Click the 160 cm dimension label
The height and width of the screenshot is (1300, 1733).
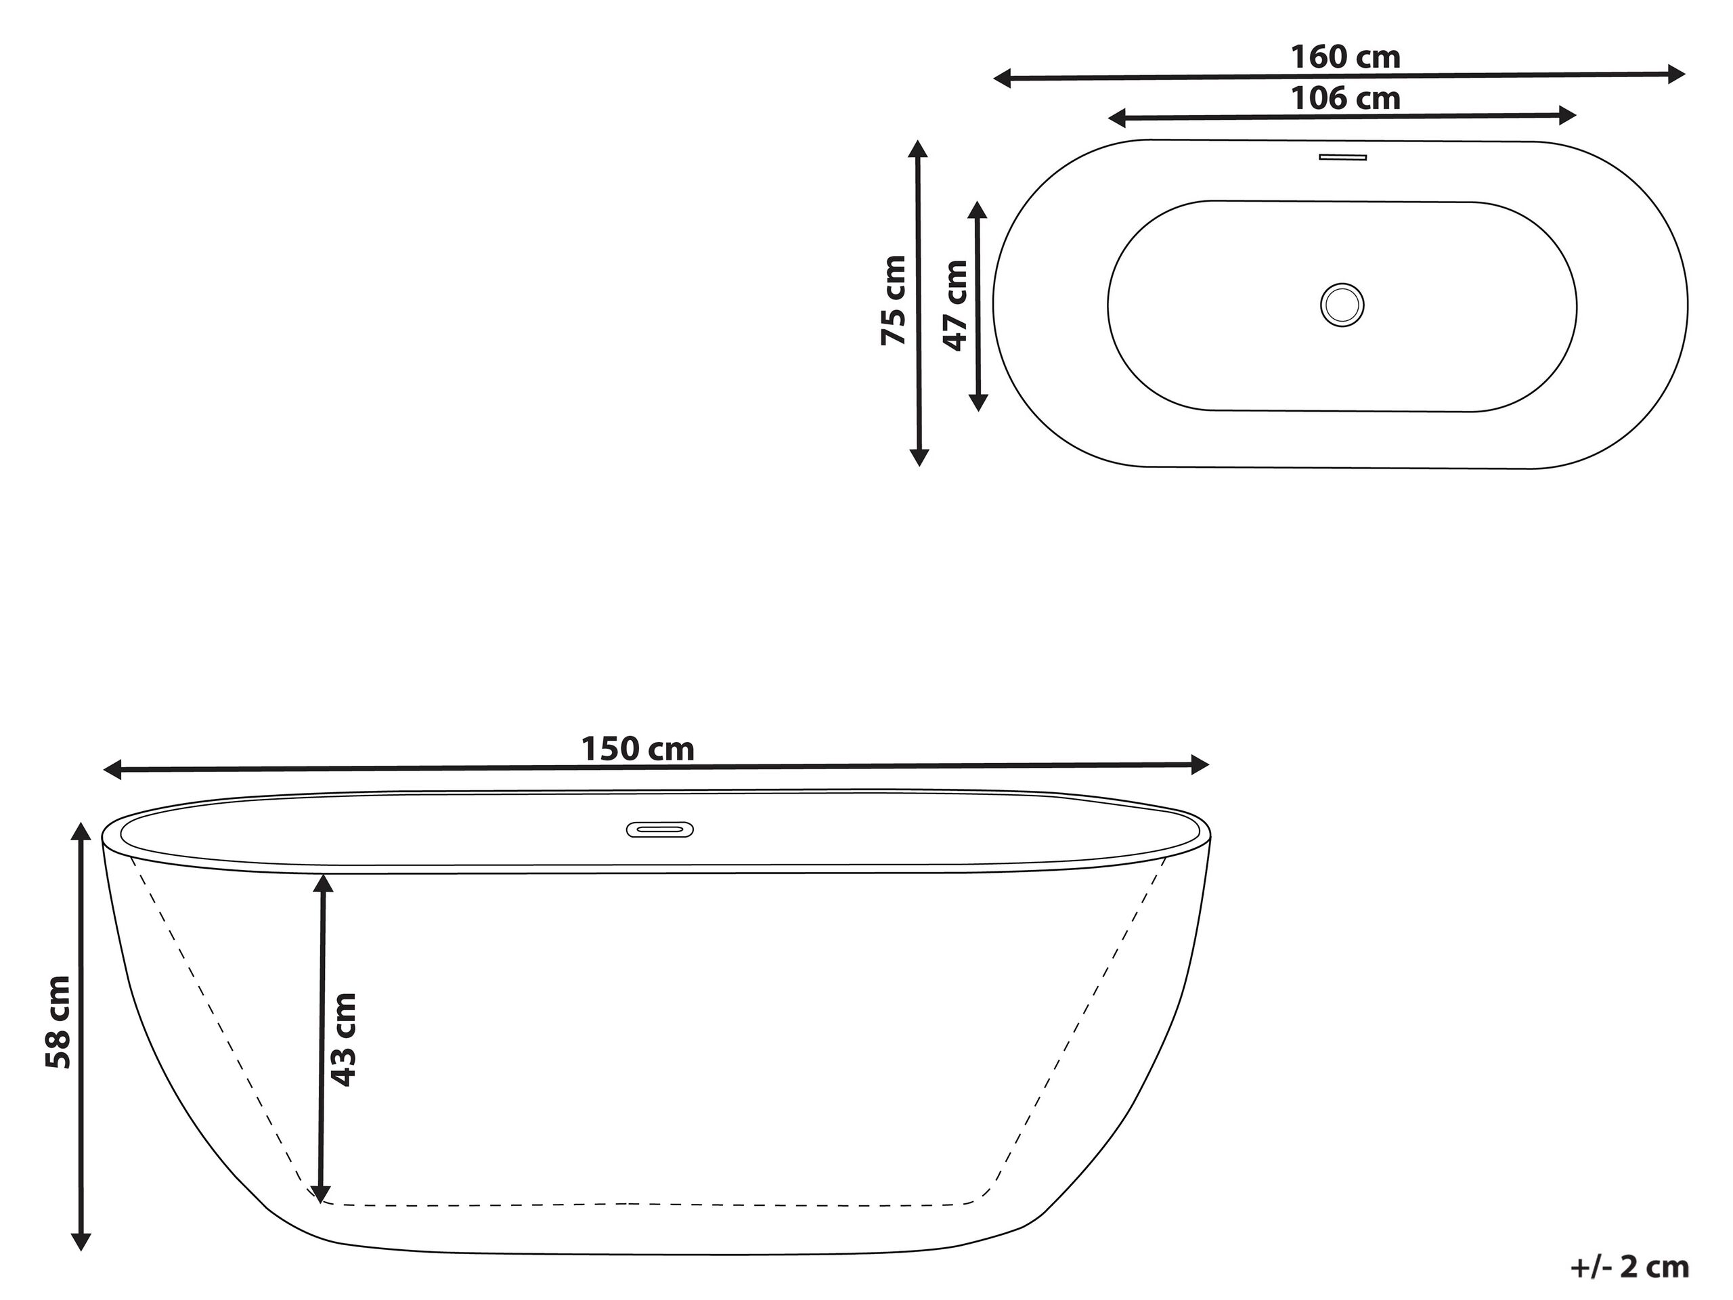pyautogui.click(x=1345, y=57)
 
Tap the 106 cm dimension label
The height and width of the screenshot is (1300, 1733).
pyautogui.click(x=1345, y=99)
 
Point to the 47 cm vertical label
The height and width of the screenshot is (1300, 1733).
pyautogui.click(x=956, y=305)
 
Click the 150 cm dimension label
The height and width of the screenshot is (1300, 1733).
pyautogui.click(x=638, y=749)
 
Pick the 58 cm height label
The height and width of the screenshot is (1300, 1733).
pyautogui.click(x=58, y=1022)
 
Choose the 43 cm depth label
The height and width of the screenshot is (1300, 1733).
pyautogui.click(x=343, y=1039)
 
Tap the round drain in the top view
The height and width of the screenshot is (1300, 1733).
pyautogui.click(x=1342, y=305)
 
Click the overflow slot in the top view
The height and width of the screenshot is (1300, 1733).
pyautogui.click(x=1343, y=158)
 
